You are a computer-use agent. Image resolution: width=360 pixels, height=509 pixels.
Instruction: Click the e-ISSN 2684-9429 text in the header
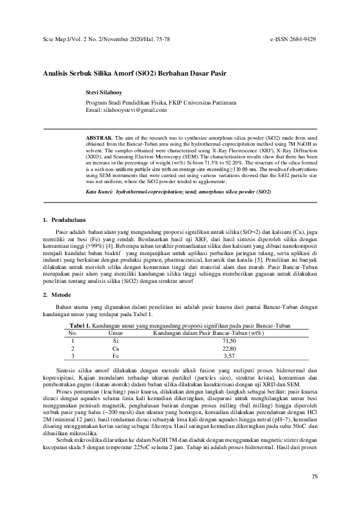(293, 38)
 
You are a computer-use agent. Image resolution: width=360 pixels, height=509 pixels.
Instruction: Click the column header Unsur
(116, 332)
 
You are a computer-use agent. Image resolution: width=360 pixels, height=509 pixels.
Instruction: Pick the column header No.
(73, 332)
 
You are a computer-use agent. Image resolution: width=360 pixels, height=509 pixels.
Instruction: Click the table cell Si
(116, 341)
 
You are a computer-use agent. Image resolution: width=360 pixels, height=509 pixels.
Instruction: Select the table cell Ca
(116, 348)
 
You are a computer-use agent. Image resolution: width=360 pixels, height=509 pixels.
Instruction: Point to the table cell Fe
(116, 356)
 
